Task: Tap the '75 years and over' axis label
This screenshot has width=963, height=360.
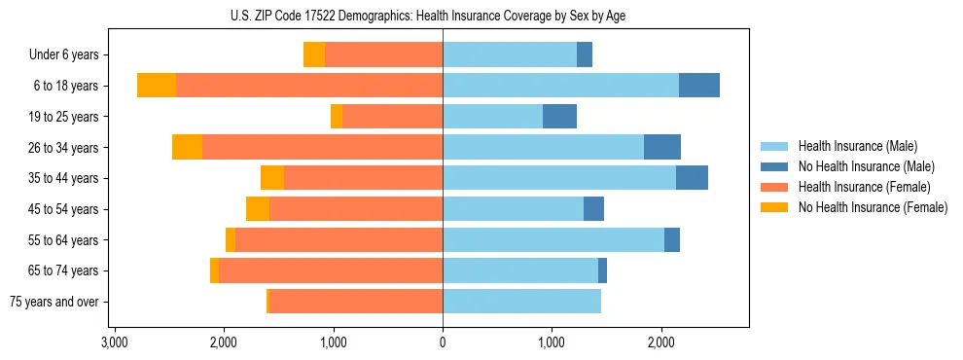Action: point(53,302)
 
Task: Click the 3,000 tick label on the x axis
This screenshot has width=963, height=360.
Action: point(115,342)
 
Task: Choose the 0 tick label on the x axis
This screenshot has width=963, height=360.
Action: point(443,342)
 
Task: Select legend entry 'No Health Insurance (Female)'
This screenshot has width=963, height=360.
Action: point(872,207)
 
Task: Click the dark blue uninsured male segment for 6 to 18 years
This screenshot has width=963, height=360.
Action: point(698,86)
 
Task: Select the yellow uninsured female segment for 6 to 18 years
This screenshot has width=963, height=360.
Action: point(157,86)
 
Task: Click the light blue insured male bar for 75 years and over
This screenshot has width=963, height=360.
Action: point(521,302)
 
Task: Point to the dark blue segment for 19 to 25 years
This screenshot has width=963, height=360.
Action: point(559,117)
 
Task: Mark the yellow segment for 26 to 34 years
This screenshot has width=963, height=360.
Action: point(187,148)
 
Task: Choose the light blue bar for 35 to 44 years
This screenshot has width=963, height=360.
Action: point(559,178)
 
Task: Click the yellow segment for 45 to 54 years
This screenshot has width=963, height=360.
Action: point(258,209)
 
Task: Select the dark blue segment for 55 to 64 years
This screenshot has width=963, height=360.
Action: point(672,240)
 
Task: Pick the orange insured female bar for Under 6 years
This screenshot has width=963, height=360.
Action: point(383,55)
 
